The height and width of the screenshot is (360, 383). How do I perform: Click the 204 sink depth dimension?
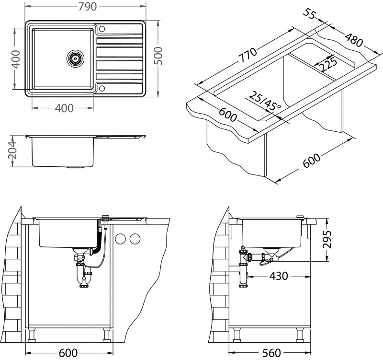tap(14, 151)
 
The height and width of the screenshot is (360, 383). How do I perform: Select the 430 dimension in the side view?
tap(278, 276)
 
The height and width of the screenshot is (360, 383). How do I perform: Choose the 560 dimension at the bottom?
tap(270, 353)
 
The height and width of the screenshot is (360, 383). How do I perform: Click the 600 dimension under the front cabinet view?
tap(68, 353)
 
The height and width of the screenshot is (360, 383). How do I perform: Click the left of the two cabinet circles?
tap(121, 238)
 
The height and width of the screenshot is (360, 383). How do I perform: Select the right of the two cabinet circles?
tap(135, 238)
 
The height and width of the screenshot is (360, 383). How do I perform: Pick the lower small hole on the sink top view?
tap(101, 88)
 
